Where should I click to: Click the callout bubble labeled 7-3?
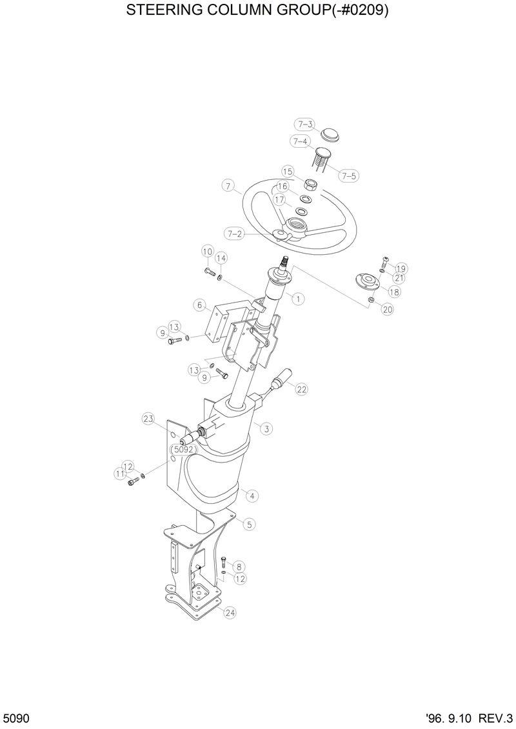coord(305,125)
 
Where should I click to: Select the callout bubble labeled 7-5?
coord(348,175)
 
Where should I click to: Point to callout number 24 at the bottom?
coord(230,613)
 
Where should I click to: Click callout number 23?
coord(149,419)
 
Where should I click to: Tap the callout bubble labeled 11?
coord(120,474)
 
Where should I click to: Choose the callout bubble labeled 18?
coord(393,292)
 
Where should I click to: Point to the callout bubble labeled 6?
coord(201,305)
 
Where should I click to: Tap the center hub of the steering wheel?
coord(299,226)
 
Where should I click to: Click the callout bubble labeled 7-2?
coord(234,234)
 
